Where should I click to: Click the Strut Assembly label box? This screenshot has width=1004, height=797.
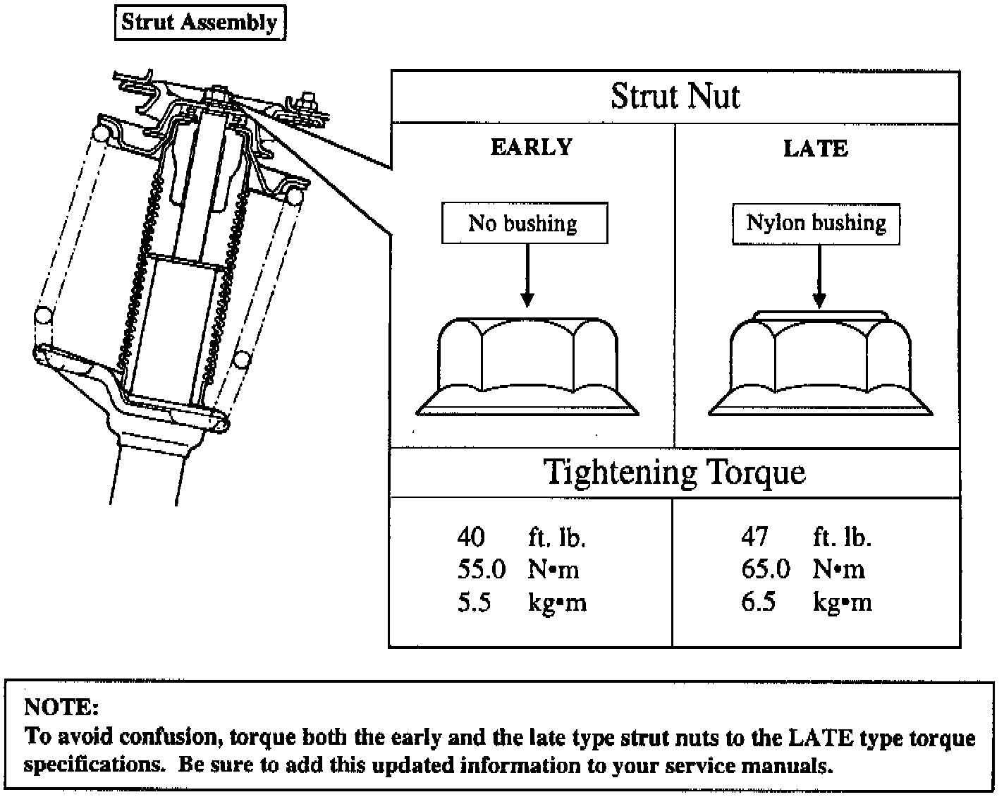(x=200, y=23)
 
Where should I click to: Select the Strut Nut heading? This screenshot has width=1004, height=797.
(x=675, y=97)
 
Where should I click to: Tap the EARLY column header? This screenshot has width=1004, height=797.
(x=531, y=147)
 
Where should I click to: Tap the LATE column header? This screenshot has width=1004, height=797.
(x=816, y=148)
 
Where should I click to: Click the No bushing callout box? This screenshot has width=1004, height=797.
(x=524, y=224)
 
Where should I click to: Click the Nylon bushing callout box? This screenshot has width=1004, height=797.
(x=816, y=224)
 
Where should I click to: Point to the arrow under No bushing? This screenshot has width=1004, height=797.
(x=527, y=275)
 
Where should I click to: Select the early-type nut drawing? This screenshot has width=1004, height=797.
(x=527, y=366)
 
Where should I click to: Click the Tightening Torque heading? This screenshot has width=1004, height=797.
(x=675, y=472)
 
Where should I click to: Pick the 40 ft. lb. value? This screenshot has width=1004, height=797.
(x=471, y=537)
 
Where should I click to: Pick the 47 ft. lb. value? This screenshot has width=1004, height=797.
(x=754, y=537)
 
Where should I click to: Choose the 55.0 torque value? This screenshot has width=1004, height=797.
(x=481, y=569)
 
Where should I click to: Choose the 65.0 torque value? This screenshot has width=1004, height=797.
(x=765, y=569)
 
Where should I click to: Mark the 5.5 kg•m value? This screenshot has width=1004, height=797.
(x=474, y=602)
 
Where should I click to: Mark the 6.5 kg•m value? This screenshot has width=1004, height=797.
(x=758, y=602)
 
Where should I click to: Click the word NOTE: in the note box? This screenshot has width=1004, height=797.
(x=61, y=707)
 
